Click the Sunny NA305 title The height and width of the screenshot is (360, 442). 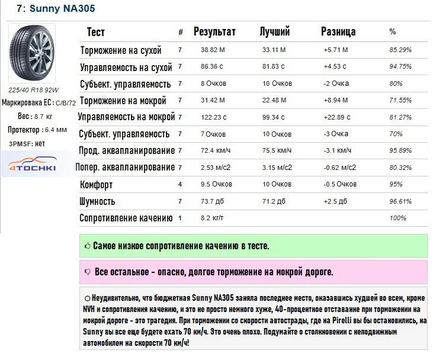(x=56, y=9)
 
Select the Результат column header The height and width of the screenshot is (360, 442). (x=214, y=31)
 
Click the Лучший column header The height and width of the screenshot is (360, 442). (x=275, y=31)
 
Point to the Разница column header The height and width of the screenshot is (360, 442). (x=338, y=31)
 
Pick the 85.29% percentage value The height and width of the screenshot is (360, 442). (x=401, y=50)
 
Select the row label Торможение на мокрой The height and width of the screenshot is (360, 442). (x=123, y=101)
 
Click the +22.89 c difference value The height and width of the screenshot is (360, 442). (x=338, y=117)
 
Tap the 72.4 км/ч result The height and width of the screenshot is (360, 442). (x=214, y=151)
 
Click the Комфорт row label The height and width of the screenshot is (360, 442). (x=97, y=185)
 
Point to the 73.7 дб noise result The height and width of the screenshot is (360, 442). (x=212, y=201)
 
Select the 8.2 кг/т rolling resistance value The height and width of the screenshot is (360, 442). (x=213, y=218)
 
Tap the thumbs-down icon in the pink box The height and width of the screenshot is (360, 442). (x=88, y=272)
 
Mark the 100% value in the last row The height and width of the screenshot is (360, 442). (x=398, y=218)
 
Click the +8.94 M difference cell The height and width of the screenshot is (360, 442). (x=336, y=101)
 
